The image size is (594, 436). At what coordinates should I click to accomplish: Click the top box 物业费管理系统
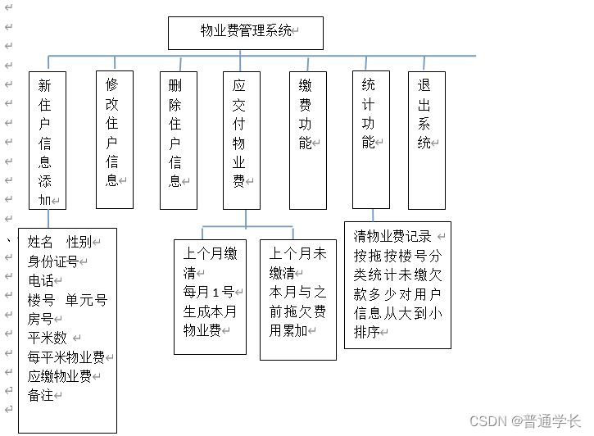245,32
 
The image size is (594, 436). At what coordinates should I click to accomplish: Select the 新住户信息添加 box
47,140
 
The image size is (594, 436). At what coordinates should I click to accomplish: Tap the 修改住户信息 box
114,140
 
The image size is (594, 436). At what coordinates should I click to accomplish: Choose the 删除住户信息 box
178,140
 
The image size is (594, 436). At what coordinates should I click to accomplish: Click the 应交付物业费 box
241,140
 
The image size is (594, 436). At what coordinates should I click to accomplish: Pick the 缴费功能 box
307,140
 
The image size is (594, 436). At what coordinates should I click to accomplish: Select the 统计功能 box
370,140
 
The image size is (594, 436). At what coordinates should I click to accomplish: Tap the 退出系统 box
426,140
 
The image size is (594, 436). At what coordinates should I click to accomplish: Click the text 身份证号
53,261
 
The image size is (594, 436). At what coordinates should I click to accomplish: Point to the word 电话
40,280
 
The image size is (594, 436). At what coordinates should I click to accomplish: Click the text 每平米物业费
66,357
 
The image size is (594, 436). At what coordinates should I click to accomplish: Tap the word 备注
40,395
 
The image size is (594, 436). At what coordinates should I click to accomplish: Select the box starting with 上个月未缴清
297,299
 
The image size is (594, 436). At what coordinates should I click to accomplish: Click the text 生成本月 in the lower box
209,311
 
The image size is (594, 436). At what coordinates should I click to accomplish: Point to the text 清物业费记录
392,237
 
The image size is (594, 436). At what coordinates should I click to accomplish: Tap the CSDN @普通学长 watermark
524,420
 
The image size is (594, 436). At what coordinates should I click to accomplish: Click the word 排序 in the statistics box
366,332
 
